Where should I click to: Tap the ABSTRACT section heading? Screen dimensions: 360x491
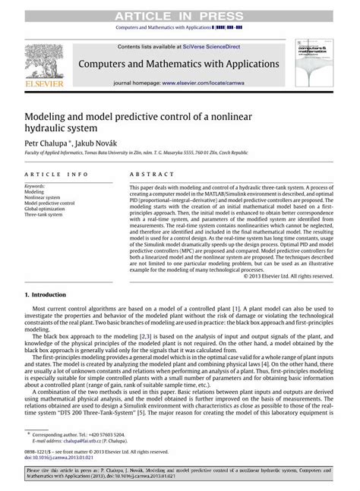150,175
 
